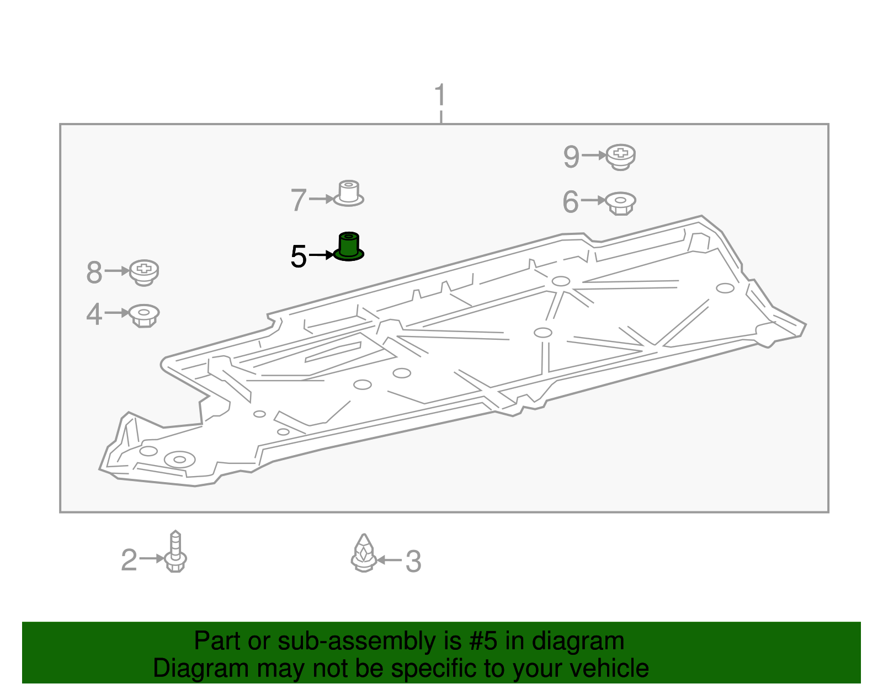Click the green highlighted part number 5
click(x=349, y=247)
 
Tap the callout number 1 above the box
click(x=440, y=95)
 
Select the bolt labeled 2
click(x=175, y=552)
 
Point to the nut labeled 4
click(x=144, y=315)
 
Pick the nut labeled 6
click(x=621, y=203)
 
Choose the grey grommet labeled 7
click(x=348, y=193)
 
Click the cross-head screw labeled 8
click(x=144, y=272)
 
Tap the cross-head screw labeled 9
click(x=621, y=157)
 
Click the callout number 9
click(x=571, y=157)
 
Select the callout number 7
click(x=299, y=200)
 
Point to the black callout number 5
click(x=299, y=257)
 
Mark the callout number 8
click(x=94, y=273)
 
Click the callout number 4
click(x=94, y=314)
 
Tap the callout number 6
click(x=571, y=202)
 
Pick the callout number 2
click(x=129, y=560)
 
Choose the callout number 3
click(x=413, y=562)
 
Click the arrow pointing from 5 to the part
click(x=322, y=255)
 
